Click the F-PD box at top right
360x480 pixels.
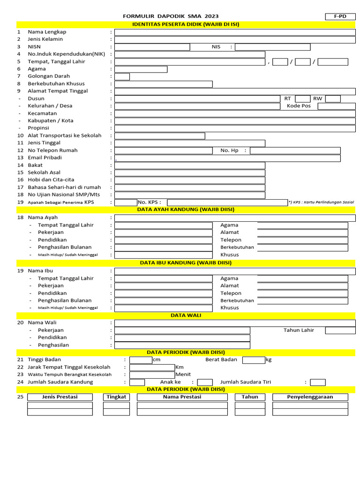click(x=340, y=16)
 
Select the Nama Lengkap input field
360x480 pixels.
click(x=234, y=32)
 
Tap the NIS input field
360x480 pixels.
click(x=272, y=47)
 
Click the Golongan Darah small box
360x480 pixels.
click(x=122, y=76)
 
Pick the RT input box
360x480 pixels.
click(x=302, y=98)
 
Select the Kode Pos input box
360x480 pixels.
click(x=336, y=106)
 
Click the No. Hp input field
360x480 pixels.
click(x=295, y=150)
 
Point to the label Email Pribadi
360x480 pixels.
click(x=45, y=158)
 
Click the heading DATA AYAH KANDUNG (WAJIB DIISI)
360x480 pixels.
click(x=186, y=210)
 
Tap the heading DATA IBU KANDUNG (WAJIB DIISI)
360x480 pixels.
click(x=186, y=263)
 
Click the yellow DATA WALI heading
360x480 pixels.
click(x=186, y=315)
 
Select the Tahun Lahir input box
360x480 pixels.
click(x=340, y=330)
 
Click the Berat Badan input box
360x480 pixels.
click(x=254, y=360)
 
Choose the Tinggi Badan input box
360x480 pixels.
click(x=141, y=360)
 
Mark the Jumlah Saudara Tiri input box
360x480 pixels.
click(x=318, y=382)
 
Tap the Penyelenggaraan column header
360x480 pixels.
click(x=310, y=397)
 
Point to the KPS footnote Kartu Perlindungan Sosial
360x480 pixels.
click(x=321, y=202)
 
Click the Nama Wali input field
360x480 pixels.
click(x=234, y=323)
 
